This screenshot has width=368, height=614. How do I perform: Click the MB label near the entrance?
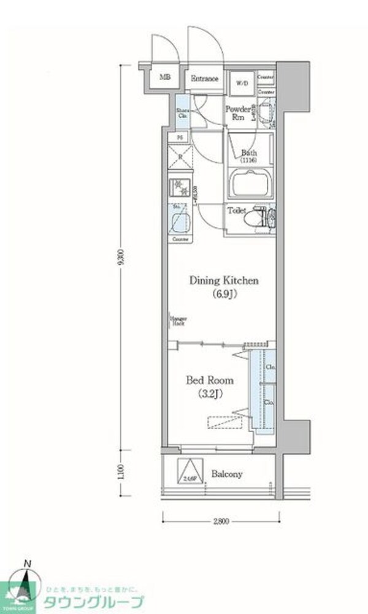tap(164, 77)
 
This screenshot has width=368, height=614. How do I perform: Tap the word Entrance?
tap(204, 78)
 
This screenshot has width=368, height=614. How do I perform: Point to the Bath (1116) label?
tap(248, 156)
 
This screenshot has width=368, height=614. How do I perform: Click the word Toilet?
tap(237, 210)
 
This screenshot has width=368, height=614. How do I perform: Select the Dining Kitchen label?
tap(224, 281)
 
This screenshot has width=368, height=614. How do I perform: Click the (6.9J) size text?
tap(224, 295)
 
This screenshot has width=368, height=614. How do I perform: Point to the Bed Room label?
tap(210, 380)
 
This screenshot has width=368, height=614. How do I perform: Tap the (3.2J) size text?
tap(210, 394)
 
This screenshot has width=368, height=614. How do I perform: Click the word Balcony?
tap(227, 474)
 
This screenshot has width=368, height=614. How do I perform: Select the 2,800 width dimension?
tap(221, 521)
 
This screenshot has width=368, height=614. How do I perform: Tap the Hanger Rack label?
tap(175, 320)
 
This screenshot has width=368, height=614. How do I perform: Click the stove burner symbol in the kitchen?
tap(179, 184)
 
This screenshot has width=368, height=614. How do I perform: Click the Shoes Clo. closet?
tap(183, 113)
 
